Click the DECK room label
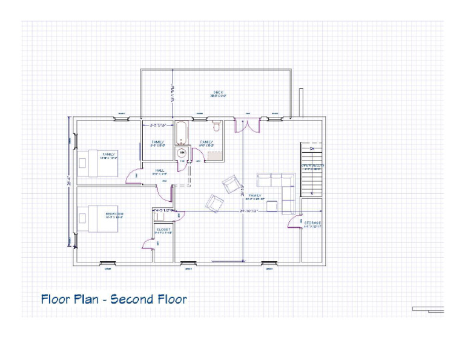[x=218, y=92]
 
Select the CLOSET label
[x=163, y=230]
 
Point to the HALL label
[x=160, y=170]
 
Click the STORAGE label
[x=312, y=223]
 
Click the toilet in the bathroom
[x=216, y=127]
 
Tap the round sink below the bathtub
[x=180, y=153]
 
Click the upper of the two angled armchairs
[x=230, y=183]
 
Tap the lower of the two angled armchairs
[x=214, y=202]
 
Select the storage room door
[x=295, y=222]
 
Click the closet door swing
[x=147, y=244]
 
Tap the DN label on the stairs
[x=312, y=148]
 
